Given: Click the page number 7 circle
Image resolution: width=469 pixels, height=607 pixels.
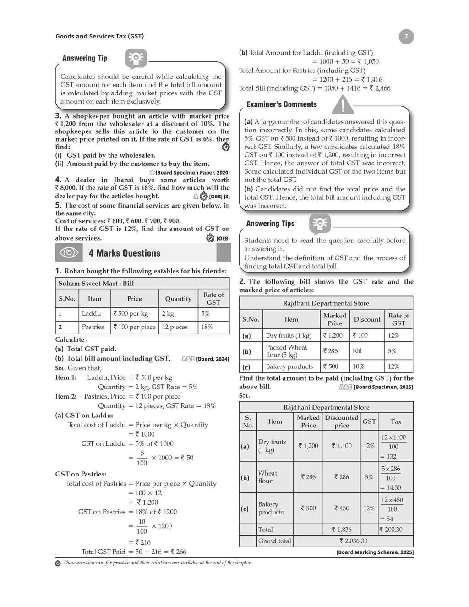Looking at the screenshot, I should pos(406,36).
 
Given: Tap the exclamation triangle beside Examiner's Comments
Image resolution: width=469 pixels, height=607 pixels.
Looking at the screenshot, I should pos(343,104).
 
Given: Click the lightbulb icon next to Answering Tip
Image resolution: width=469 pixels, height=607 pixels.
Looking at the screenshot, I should pos(136,59).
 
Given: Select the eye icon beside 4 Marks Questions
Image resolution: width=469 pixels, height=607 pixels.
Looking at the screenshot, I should pos(69,253).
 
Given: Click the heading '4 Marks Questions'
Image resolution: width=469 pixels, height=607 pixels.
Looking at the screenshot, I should pos(125,253).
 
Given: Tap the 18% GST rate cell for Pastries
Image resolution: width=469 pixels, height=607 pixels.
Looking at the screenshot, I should pos(213,327).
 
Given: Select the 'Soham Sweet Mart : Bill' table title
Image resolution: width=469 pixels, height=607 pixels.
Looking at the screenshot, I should pos(96,284).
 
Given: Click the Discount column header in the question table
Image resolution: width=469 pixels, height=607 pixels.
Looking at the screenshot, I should pos(367,319).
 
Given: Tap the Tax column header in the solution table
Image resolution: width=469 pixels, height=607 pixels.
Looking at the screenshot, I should pos(396,421).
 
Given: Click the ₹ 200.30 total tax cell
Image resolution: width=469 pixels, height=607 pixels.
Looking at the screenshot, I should pos(391,530).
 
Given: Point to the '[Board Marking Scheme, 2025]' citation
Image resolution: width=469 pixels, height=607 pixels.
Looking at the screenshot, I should pos(375,552).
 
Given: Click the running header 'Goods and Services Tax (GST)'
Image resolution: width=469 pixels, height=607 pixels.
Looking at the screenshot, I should pos(99,36).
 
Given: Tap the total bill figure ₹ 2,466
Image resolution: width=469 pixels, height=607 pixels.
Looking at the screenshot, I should pos(380,88).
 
